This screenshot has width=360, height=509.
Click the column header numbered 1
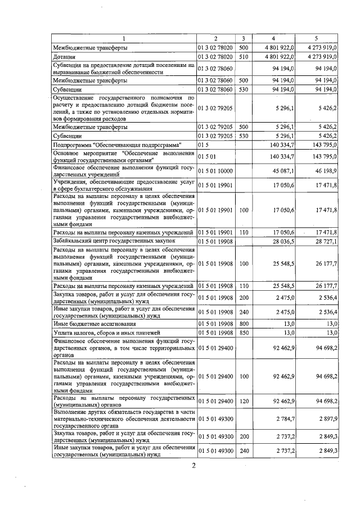click(x=123, y=38)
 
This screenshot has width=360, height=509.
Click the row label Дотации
click(x=64, y=57)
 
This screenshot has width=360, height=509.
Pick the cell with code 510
click(x=244, y=57)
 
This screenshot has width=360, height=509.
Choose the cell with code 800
click(x=244, y=324)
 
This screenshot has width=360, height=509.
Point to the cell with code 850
click(x=244, y=333)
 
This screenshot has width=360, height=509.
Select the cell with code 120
click(x=244, y=401)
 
